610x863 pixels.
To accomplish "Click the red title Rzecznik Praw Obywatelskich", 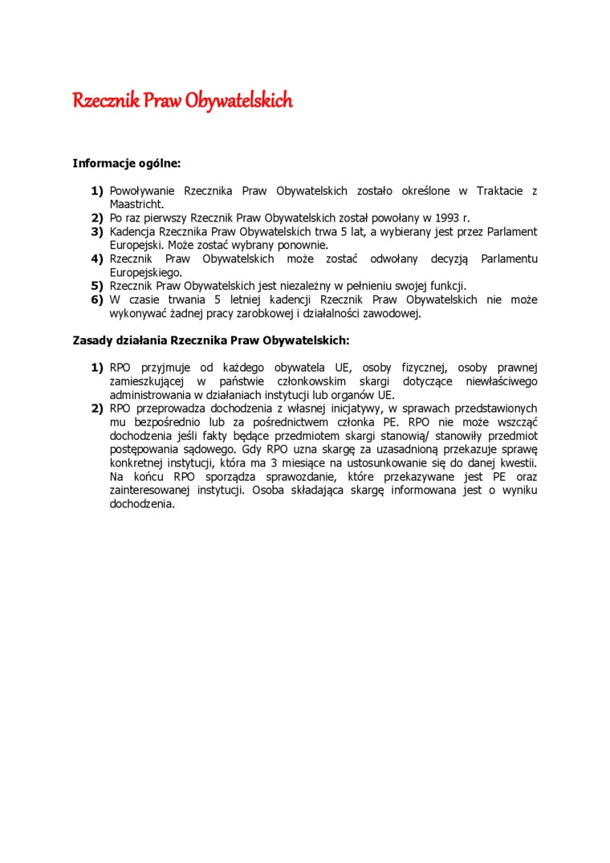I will (182, 101).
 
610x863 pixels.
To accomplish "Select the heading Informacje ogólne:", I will (127, 163).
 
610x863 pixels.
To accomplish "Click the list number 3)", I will (96, 231).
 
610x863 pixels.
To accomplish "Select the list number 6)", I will (96, 299).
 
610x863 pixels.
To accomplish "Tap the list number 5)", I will (96, 286).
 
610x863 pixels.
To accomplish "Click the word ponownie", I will (304, 245).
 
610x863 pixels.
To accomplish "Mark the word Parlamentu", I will (509, 258).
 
